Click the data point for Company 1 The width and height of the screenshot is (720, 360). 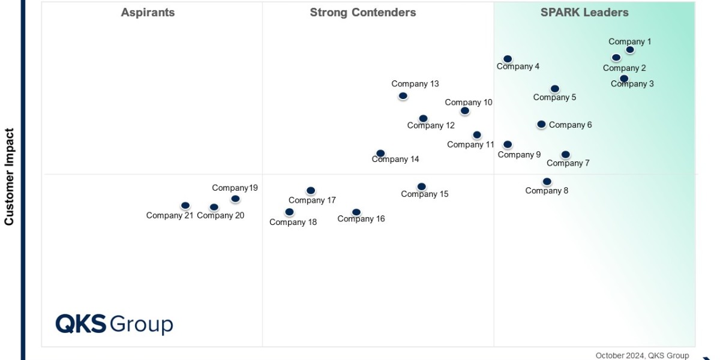coord(629,50)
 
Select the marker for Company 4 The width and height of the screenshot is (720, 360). coord(508,59)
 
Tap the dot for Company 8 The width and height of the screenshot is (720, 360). coord(547,181)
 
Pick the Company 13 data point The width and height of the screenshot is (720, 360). coord(403,95)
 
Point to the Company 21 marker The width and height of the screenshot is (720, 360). coord(185,206)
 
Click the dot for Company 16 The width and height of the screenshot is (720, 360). coord(356,212)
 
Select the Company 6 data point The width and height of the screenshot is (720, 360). coord(541,124)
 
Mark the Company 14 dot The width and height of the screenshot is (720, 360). coord(380,154)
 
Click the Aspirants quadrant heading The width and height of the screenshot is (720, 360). coord(148,13)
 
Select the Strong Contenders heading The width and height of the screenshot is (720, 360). coord(362,13)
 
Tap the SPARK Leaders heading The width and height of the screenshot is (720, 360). coord(584,13)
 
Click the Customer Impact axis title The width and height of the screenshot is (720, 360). coord(9,176)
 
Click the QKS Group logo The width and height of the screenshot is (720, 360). coord(114,324)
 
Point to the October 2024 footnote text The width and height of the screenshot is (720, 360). coord(642,355)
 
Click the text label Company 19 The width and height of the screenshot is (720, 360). coord(235,188)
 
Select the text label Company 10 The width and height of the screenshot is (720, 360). coord(468,103)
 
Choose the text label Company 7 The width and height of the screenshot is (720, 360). coord(568,163)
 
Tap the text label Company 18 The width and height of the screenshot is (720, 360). coord(293,222)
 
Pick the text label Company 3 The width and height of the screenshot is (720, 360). coord(632,84)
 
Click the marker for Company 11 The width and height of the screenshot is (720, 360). coord(476,135)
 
